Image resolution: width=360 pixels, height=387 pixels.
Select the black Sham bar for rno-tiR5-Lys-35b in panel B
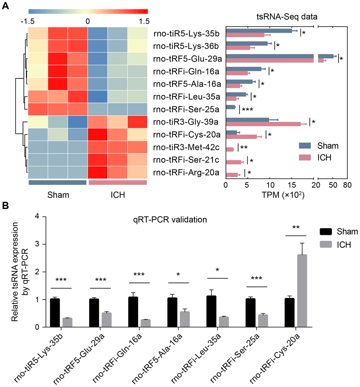[55, 313]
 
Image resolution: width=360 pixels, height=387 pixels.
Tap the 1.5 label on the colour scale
[143, 20]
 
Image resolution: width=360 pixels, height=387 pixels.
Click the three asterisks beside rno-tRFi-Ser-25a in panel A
[247, 109]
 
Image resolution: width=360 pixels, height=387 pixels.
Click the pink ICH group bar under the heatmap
[118, 182]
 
